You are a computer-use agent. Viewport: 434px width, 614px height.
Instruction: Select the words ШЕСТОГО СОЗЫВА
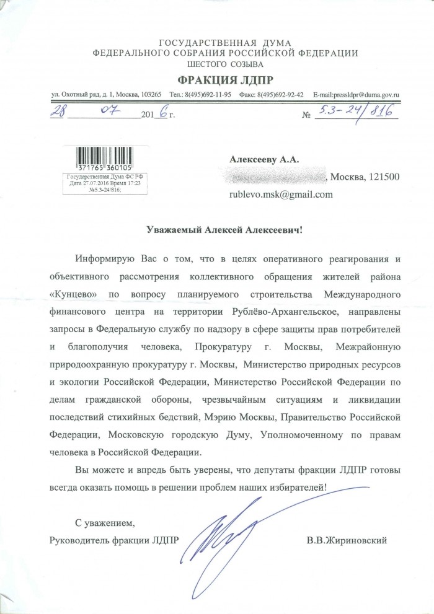216,64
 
